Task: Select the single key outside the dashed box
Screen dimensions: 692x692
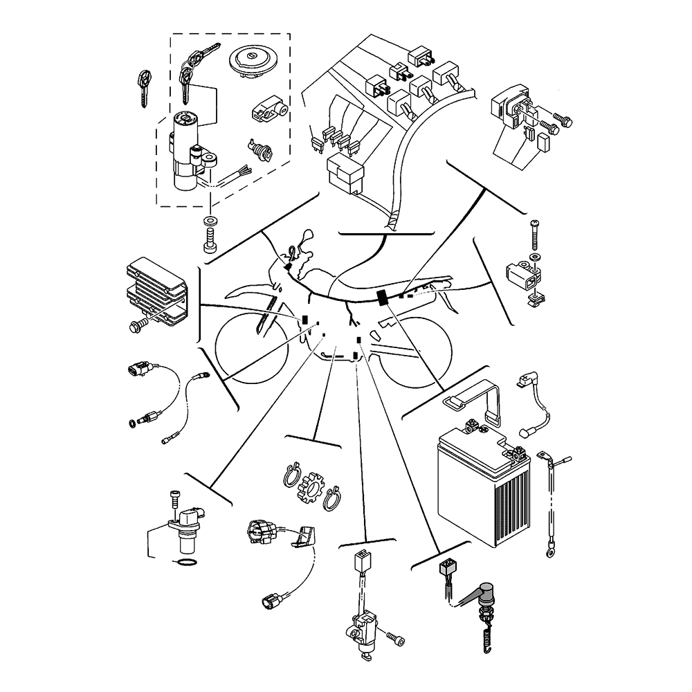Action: [144, 89]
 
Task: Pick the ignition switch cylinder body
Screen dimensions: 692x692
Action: [185, 152]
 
